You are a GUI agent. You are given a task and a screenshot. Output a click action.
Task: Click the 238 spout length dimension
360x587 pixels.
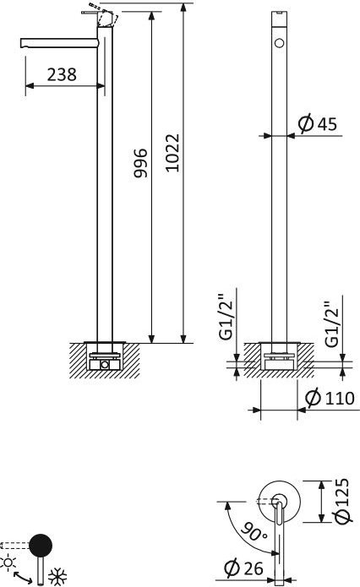tap(62, 74)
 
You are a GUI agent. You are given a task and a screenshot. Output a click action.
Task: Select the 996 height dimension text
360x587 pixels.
tap(141, 163)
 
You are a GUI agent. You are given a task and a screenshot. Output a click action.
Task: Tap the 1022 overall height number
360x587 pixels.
tap(172, 153)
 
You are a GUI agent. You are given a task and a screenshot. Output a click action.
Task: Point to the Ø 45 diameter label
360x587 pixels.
tap(318, 124)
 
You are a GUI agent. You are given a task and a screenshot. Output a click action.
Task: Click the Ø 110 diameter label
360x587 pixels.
tap(330, 398)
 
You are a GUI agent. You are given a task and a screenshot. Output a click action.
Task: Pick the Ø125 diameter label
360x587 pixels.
tap(343, 501)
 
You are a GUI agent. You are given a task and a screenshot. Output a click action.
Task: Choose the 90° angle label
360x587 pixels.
tap(254, 531)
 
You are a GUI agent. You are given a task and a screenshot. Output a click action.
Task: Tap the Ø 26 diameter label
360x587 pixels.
tap(244, 568)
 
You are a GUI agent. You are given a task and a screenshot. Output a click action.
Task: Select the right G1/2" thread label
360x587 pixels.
tap(332, 324)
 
